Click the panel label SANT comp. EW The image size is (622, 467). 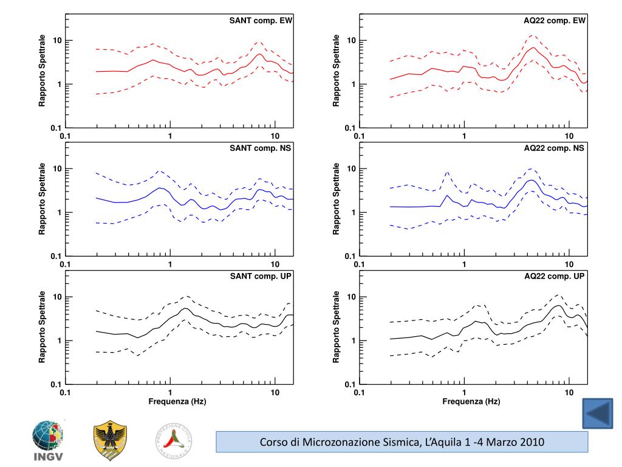coord(261,21)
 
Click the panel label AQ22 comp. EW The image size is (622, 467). coord(554,21)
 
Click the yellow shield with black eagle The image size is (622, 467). coord(111,441)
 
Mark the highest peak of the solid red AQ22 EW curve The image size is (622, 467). coord(533,47)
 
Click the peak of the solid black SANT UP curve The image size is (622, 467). coord(185,308)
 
